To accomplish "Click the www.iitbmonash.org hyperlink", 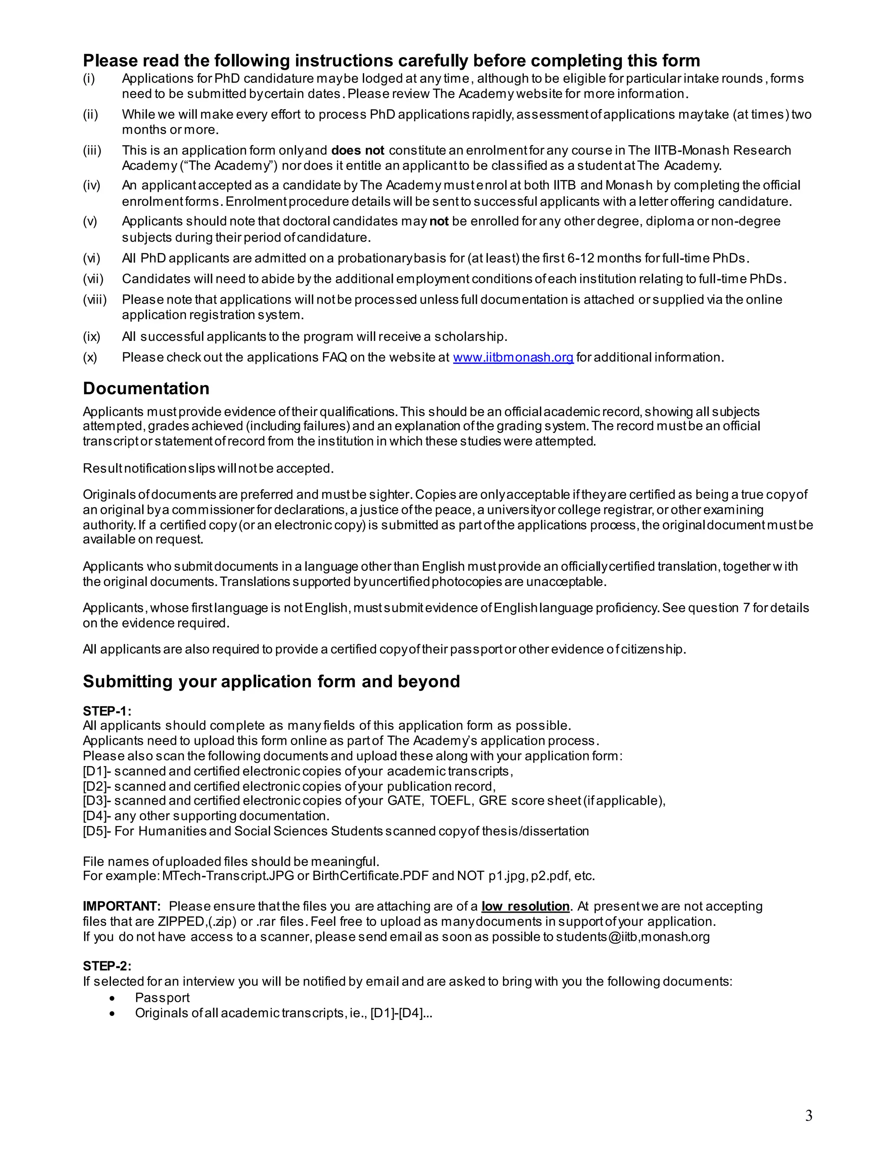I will click(513, 357).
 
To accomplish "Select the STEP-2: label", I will click(107, 966).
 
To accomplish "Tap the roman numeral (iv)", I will click(91, 185).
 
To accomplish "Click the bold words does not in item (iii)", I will click(357, 150).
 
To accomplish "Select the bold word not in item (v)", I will click(439, 221).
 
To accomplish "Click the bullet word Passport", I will click(162, 998).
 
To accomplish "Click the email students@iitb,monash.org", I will click(632, 937).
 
